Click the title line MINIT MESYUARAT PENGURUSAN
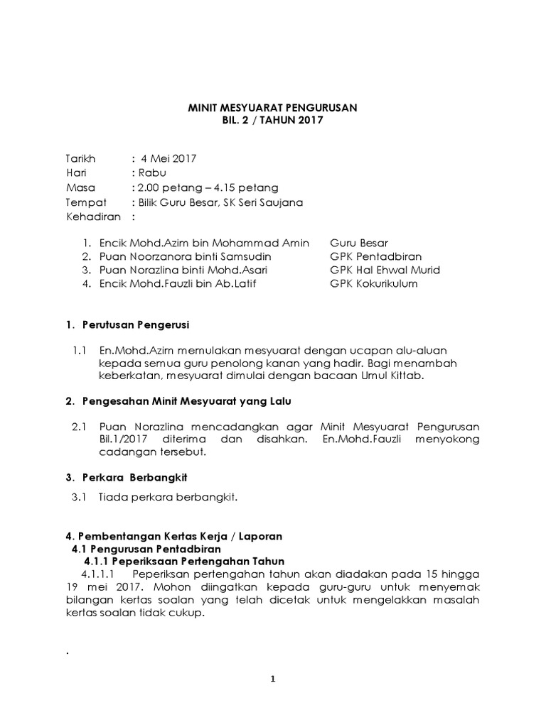(x=272, y=107)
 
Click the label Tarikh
(x=80, y=158)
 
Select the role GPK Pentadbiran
(x=375, y=256)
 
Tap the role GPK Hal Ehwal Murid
(x=385, y=270)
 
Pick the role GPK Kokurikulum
(x=373, y=284)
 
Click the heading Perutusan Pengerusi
(x=134, y=324)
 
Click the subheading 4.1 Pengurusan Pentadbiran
(x=146, y=549)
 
